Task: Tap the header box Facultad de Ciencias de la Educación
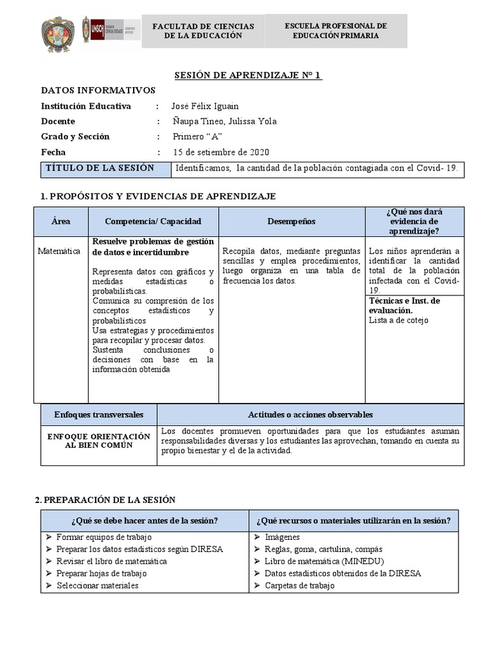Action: click(203, 31)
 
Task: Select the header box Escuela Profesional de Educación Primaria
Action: click(336, 31)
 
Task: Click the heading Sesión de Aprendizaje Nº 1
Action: click(248, 76)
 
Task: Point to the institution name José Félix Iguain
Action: click(205, 106)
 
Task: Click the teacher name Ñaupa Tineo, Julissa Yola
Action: click(225, 122)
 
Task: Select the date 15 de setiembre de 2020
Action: click(221, 152)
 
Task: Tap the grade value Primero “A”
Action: click(197, 137)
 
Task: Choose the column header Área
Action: click(61, 221)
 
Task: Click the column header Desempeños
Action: click(291, 221)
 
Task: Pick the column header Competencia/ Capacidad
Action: click(153, 221)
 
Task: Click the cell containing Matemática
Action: click(59, 252)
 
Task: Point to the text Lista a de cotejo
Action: click(399, 320)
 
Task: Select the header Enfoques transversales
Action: click(99, 415)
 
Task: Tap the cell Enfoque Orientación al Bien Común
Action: click(99, 441)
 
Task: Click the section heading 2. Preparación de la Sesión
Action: click(105, 500)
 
